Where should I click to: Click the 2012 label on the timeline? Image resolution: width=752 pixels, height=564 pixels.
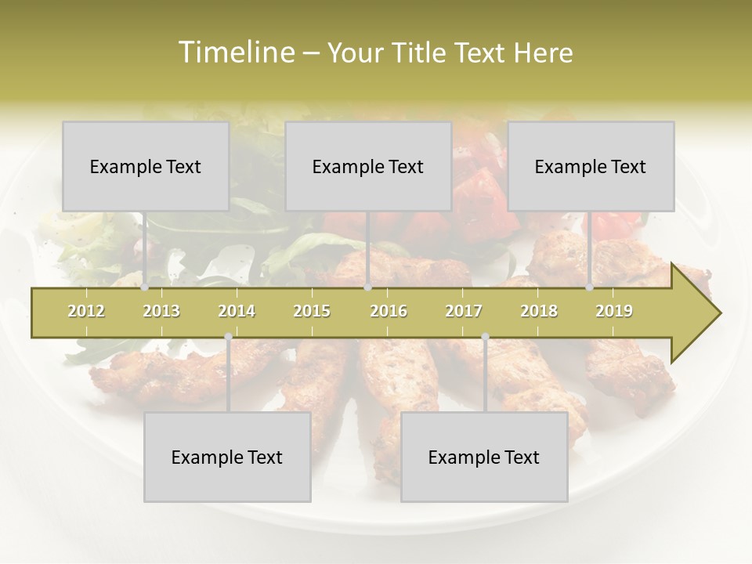(86, 311)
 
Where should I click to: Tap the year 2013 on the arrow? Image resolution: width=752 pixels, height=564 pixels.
(161, 311)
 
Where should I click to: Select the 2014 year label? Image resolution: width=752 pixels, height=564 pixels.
(237, 311)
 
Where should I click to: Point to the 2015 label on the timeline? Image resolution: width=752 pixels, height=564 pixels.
(312, 311)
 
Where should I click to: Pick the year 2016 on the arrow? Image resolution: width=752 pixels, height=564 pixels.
(389, 311)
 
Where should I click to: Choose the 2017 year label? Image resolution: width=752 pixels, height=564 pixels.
(464, 311)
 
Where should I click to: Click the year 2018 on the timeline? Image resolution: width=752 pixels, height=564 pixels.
(539, 311)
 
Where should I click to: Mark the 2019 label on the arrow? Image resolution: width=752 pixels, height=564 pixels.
(614, 311)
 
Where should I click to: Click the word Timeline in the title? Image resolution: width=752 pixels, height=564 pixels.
(234, 52)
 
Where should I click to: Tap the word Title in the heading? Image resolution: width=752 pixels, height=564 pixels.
(421, 52)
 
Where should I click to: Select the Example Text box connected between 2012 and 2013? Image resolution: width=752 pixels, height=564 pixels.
(146, 166)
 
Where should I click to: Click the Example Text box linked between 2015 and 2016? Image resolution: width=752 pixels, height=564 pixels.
(368, 166)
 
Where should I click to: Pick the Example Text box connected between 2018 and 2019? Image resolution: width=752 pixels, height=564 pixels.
(591, 166)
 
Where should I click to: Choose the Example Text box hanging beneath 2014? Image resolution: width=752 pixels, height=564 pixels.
(227, 457)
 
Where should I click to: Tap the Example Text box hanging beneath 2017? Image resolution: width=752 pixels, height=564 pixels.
(484, 457)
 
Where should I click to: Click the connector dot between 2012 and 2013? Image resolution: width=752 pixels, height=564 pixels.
(144, 287)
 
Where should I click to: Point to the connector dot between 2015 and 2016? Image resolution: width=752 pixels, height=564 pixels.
(367, 287)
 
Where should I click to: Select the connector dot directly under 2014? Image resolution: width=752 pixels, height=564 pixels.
(228, 337)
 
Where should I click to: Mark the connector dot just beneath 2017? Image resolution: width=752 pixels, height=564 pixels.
(485, 337)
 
